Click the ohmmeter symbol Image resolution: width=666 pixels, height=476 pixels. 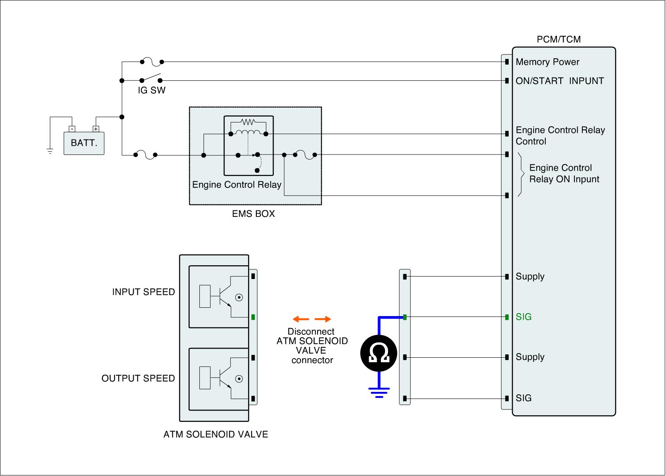pyautogui.click(x=379, y=353)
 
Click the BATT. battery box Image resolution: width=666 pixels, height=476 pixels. pyautogui.click(x=84, y=143)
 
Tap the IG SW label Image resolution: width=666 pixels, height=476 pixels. pyautogui.click(x=152, y=90)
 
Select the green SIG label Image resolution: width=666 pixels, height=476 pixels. pyautogui.click(x=524, y=317)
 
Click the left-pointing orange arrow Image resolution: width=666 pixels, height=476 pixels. pyautogui.click(x=301, y=319)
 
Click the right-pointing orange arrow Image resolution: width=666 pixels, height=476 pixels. pyautogui.click(x=323, y=319)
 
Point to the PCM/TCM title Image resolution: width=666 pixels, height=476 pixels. pyautogui.click(x=559, y=39)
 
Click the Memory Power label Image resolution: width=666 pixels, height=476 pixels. pyautogui.click(x=547, y=62)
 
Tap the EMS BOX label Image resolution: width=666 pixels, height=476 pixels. pyautogui.click(x=253, y=214)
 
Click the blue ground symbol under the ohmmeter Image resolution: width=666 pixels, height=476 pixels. pyautogui.click(x=379, y=393)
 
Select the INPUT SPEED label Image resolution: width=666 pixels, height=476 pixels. pyautogui.click(x=143, y=292)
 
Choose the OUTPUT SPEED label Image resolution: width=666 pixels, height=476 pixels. pyautogui.click(x=138, y=378)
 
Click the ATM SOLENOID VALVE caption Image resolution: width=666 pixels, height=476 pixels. pyautogui.click(x=216, y=434)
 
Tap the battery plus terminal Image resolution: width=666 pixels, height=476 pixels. pyautogui.click(x=96, y=129)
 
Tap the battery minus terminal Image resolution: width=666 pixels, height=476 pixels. pyautogui.click(x=72, y=129)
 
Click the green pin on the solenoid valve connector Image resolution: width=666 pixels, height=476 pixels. pyautogui.click(x=253, y=317)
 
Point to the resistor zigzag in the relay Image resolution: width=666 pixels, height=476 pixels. pyautogui.click(x=248, y=122)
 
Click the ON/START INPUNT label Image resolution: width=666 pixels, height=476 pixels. pyautogui.click(x=559, y=81)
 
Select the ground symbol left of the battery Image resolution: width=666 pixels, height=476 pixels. pyautogui.click(x=50, y=151)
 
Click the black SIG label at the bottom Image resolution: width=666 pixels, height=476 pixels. pyautogui.click(x=524, y=398)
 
